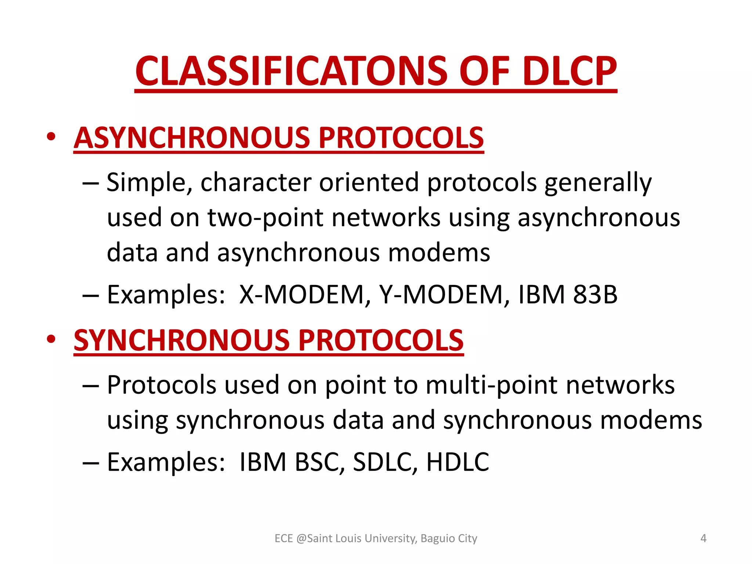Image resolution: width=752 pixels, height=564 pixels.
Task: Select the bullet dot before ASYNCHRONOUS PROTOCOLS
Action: point(51,137)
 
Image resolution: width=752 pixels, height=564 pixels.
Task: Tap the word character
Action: point(256,182)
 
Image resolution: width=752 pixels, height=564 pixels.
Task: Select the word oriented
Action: point(369,182)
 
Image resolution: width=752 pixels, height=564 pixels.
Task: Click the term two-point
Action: point(265,218)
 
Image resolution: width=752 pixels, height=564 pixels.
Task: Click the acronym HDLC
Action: point(458,462)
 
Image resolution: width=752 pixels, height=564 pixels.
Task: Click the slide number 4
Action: point(703,538)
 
